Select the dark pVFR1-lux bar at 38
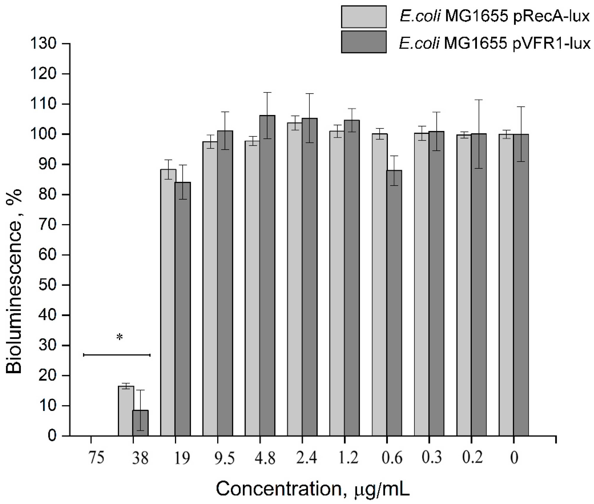click(x=140, y=423)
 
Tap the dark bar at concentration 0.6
click(x=394, y=303)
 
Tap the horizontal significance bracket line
click(x=117, y=355)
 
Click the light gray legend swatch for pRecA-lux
click(x=364, y=17)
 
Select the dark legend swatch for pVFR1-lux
click(x=364, y=42)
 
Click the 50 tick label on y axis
click(x=47, y=285)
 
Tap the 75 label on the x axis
click(x=96, y=458)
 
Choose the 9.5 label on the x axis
click(x=224, y=458)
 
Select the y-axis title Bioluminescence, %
click(x=14, y=281)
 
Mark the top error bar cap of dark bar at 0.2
click(x=479, y=100)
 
